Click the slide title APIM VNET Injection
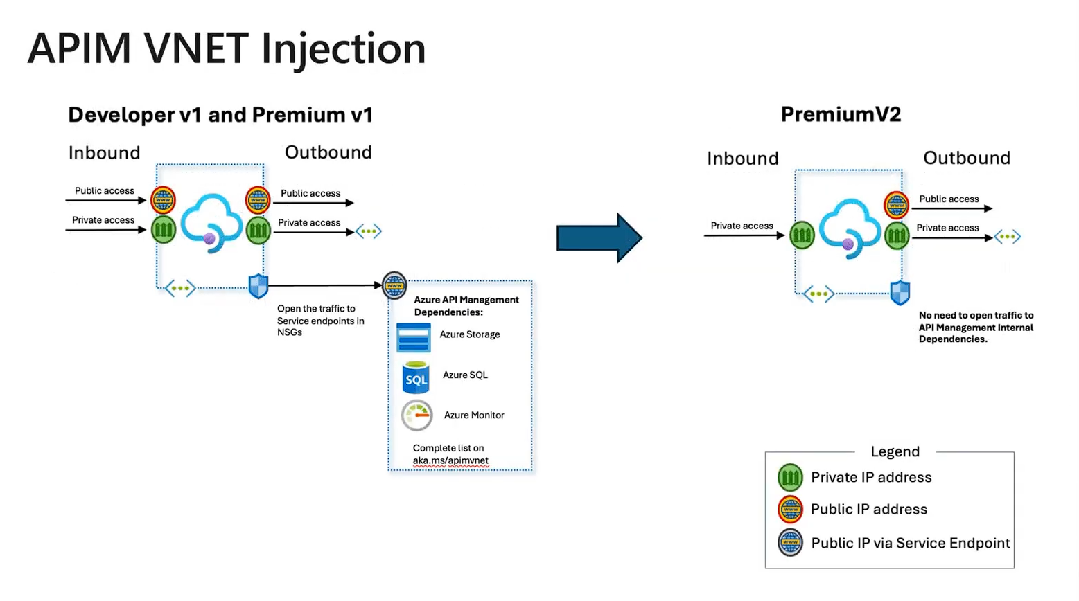coord(226,48)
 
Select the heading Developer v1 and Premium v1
coord(220,115)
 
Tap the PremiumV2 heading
coord(841,114)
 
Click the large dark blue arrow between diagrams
coord(599,238)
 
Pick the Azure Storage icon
coord(414,338)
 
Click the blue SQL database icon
coord(416,377)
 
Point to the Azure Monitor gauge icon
coord(416,415)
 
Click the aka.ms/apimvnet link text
coord(450,460)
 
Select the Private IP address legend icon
coord(790,478)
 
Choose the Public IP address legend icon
coord(790,510)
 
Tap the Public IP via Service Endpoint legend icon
coord(790,543)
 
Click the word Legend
coord(895,451)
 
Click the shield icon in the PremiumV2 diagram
coord(900,293)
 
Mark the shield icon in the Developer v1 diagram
coord(258,286)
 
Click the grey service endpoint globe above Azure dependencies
coord(394,285)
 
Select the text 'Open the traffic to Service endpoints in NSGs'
coord(320,321)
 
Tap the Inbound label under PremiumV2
coord(742,159)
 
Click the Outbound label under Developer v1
coord(328,152)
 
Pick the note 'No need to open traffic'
coord(976,327)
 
